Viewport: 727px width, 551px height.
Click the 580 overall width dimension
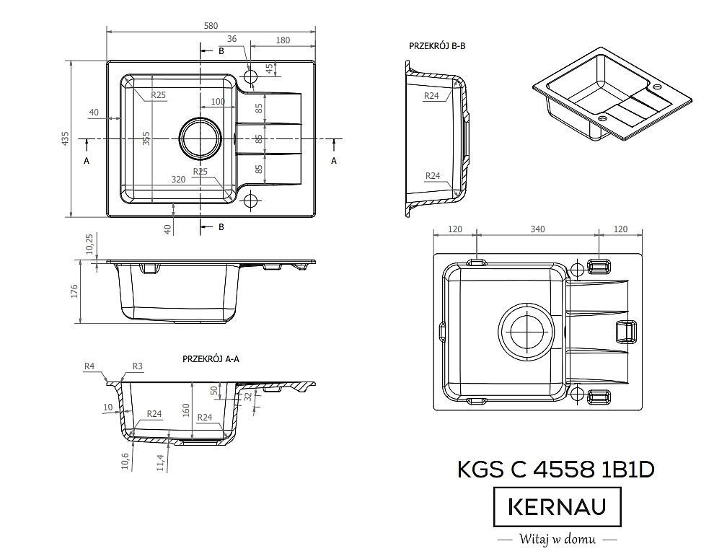211,26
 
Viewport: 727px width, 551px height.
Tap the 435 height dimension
65,138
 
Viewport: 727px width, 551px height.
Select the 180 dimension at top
283,40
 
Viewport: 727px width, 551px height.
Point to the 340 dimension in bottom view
537,229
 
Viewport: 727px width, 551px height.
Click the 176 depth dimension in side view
75,291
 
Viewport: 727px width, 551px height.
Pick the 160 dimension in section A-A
186,410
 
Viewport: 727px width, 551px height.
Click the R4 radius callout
89,366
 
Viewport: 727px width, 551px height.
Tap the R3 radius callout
137,366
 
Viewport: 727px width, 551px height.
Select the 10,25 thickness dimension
90,244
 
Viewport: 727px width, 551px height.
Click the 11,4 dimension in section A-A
160,462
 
